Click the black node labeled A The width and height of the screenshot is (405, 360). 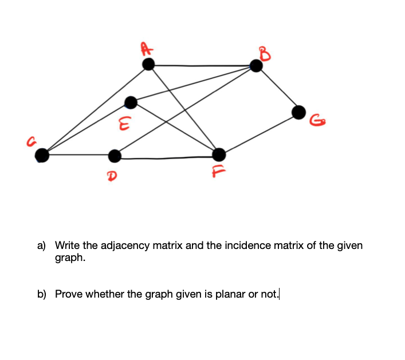coord(148,65)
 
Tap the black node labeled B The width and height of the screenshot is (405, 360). coord(256,66)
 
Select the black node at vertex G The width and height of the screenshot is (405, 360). coord(299,112)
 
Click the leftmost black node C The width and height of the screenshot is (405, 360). coord(41,155)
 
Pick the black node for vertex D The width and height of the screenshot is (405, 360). coord(115,155)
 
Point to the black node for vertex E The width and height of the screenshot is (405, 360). coord(131,103)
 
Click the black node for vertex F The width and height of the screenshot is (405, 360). coord(219,154)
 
